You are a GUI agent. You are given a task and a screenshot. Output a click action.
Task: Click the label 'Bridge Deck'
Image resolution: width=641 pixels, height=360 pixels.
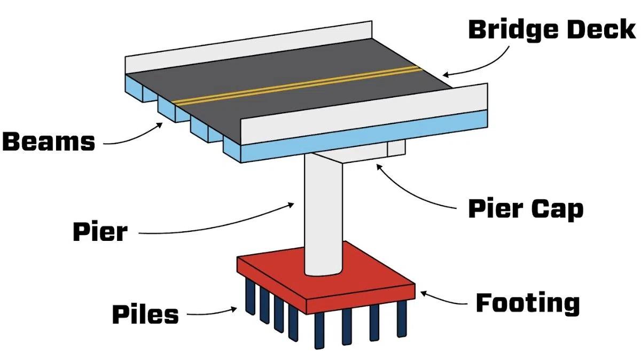click(x=552, y=29)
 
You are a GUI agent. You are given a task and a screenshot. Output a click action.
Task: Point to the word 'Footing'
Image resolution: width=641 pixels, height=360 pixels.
click(x=527, y=303)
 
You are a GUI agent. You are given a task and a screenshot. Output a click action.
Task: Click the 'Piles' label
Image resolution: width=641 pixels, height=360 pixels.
click(x=145, y=315)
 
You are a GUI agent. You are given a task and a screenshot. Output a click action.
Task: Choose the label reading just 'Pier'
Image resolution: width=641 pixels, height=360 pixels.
click(x=100, y=232)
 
